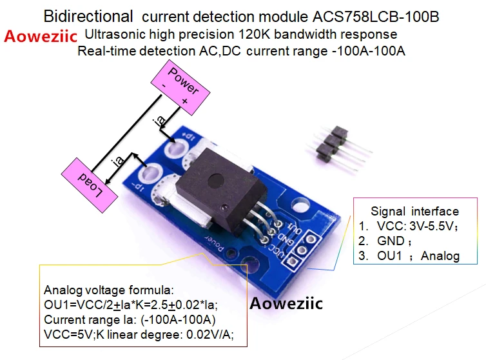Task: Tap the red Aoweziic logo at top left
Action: tap(41, 35)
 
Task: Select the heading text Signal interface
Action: tap(414, 211)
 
